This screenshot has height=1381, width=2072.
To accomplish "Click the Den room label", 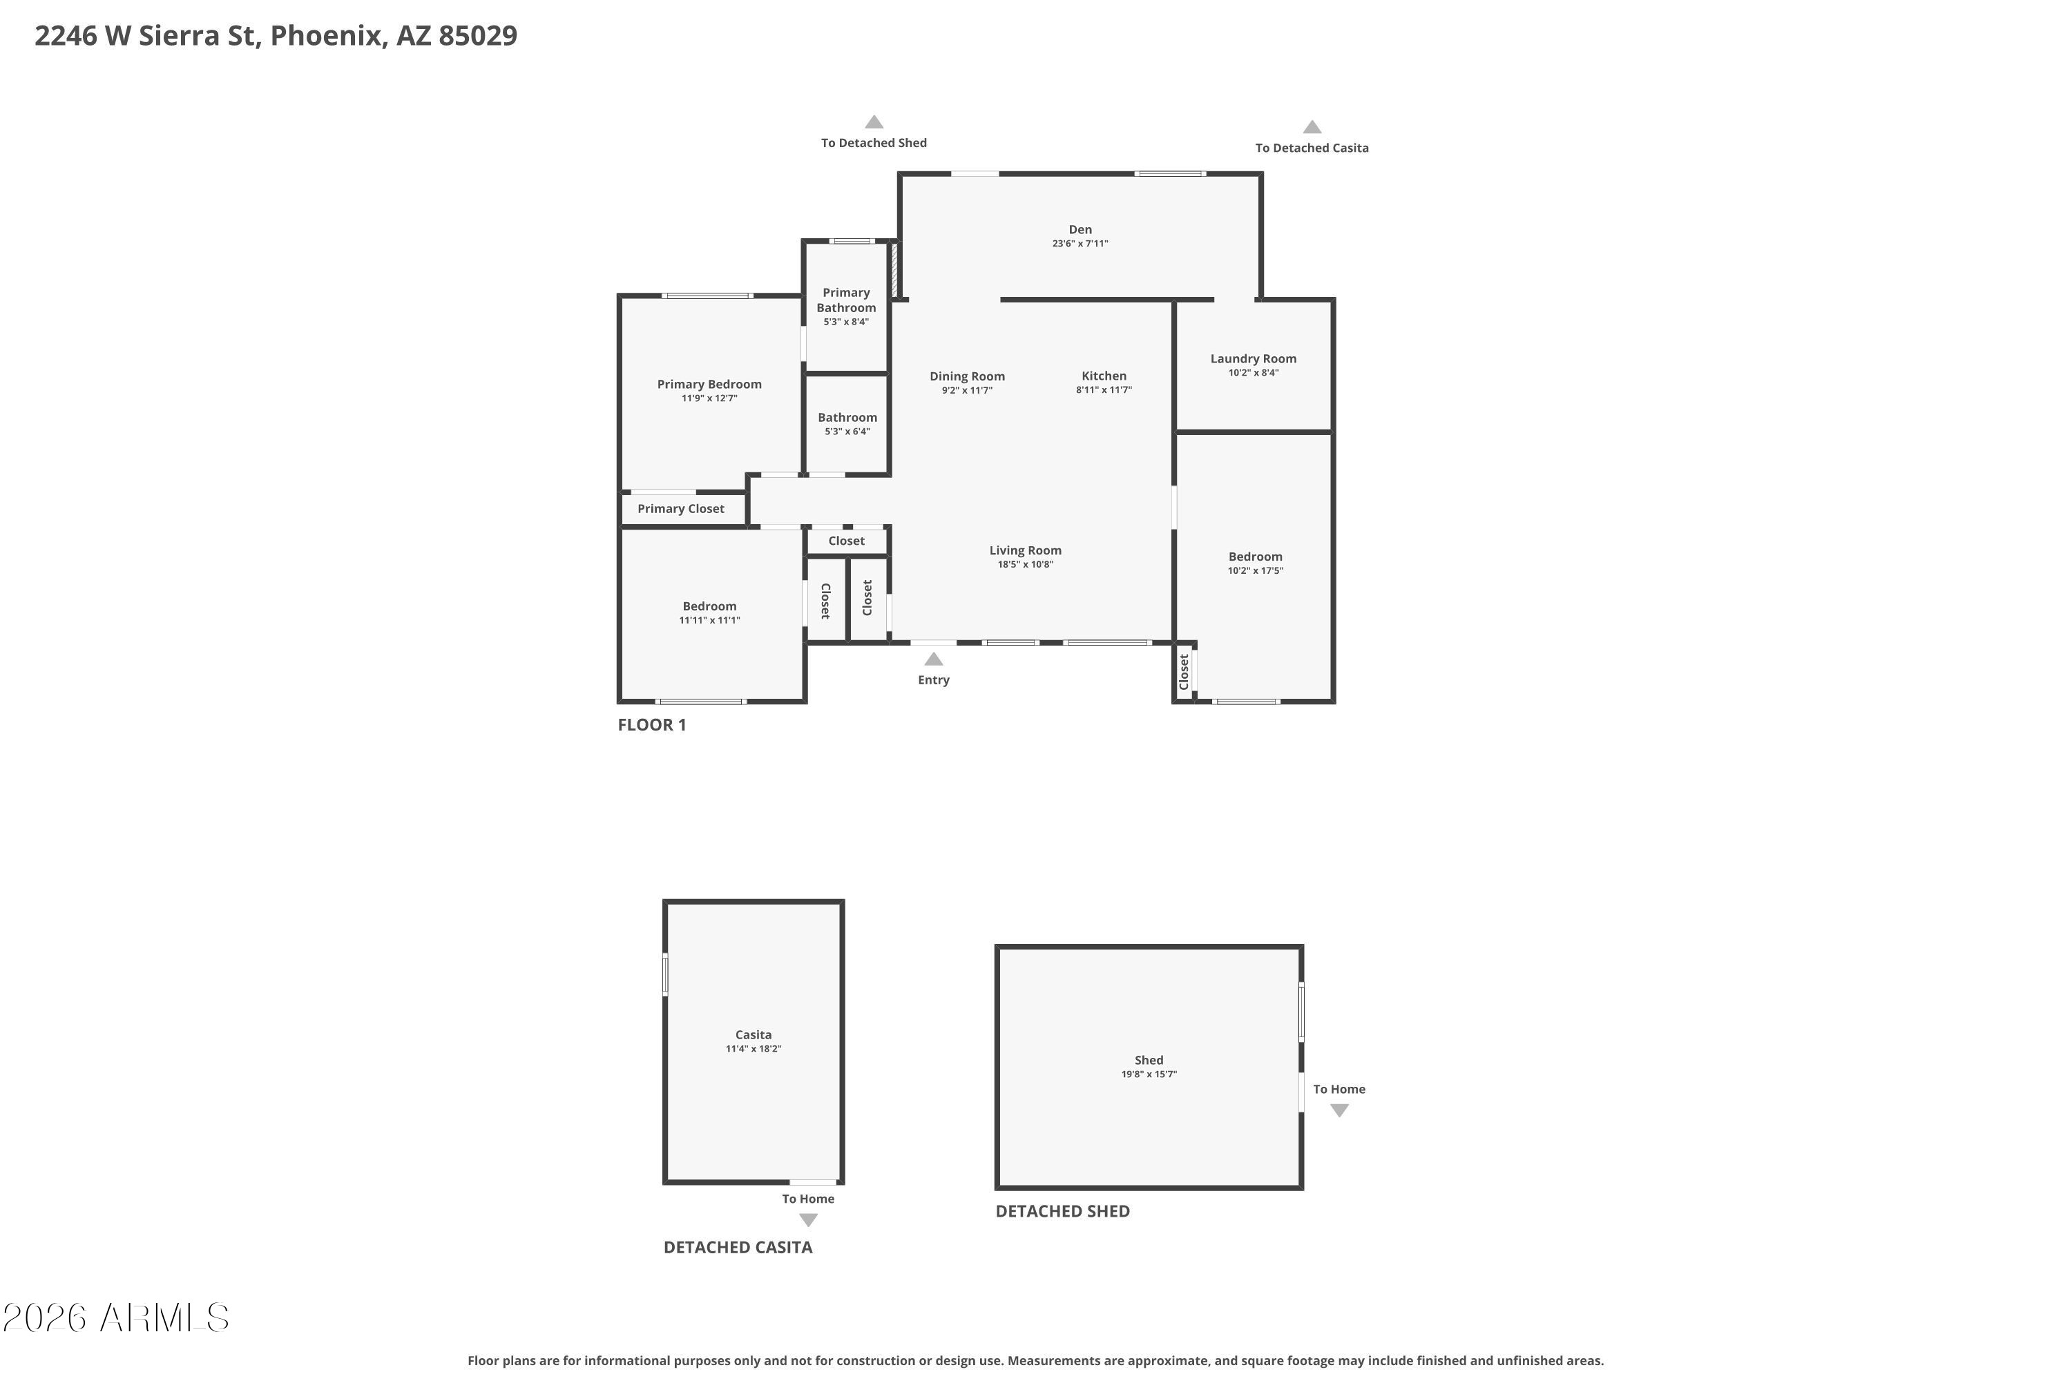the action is (1080, 229).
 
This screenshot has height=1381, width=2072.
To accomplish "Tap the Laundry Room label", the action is (1253, 358).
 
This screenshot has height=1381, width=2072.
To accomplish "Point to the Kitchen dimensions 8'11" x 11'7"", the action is (1104, 390).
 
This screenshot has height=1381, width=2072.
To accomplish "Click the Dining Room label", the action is (968, 376).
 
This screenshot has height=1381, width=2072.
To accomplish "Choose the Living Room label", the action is (1026, 550).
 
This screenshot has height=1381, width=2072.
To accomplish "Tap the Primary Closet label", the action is (681, 509).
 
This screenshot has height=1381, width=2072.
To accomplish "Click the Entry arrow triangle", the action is (934, 659).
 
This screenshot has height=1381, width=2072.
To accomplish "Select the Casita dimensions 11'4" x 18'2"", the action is (754, 1049).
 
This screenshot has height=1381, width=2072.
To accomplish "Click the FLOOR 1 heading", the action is (652, 725).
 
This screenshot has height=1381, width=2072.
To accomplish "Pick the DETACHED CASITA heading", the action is (738, 1247).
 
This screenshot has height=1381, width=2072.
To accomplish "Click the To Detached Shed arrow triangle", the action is (874, 122).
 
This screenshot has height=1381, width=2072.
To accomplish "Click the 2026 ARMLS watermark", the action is (116, 1317).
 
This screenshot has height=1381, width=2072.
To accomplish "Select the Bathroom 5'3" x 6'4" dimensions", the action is (847, 432).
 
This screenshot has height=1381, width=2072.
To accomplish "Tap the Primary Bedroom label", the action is (709, 384).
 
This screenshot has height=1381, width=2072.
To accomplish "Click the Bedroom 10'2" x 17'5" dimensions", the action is (1256, 571).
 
